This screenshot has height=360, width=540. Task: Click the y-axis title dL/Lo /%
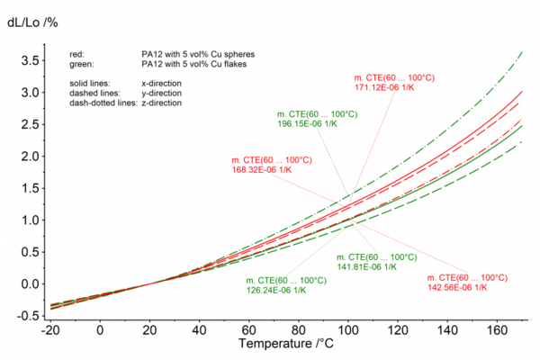pos(32,22)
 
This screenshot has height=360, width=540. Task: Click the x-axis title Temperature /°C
pos(286,344)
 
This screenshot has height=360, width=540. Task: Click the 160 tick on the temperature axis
pos(497,330)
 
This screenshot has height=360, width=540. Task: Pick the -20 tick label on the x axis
pos(50,330)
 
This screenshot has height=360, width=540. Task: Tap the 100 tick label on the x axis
pos(347,330)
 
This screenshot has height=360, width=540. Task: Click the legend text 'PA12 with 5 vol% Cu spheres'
pos(198,54)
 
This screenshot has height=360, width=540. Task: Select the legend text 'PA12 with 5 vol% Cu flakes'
pos(193,64)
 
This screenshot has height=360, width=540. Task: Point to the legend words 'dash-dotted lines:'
pos(103,103)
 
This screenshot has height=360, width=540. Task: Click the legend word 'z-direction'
pos(161,103)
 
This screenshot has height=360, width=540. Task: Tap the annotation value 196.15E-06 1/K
pos(307,123)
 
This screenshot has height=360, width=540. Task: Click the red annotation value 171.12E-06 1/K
pos(384,87)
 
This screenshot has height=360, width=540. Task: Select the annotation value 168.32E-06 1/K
pos(262,170)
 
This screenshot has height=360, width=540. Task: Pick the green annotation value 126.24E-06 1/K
pos(276,290)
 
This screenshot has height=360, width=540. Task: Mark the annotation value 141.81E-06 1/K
pos(367,267)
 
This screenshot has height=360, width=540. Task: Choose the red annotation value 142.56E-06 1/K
pos(457,288)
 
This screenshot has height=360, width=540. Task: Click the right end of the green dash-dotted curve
pos(522,51)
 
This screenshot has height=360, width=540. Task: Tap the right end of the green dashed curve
pos(522,141)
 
